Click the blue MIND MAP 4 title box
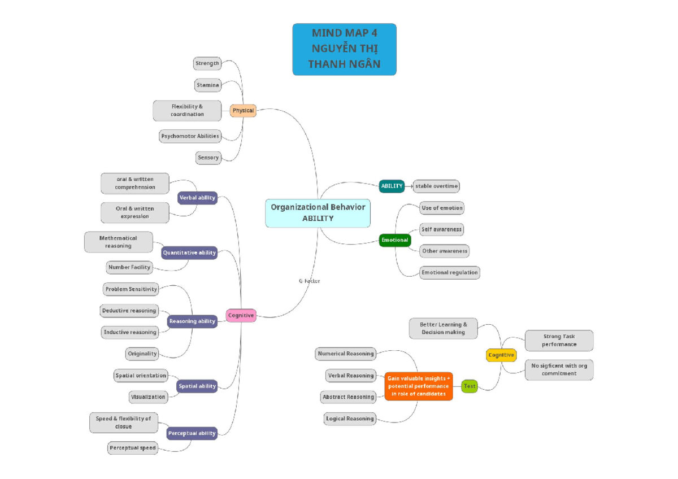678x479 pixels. (344, 49)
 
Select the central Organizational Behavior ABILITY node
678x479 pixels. (318, 212)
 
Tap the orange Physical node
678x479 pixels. (243, 111)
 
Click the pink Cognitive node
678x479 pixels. (241, 316)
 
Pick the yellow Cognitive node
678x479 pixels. (501, 355)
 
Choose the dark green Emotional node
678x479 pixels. (394, 240)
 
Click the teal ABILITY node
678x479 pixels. (392, 186)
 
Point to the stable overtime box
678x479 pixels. (436, 186)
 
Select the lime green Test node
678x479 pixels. (469, 386)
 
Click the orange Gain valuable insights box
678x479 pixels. (419, 386)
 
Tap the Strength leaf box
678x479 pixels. (207, 63)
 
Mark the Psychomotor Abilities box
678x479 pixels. (190, 136)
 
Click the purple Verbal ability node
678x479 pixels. (197, 198)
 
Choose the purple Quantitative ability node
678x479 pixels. (189, 253)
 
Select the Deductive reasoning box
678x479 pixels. (129, 311)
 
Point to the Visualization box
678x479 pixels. (148, 397)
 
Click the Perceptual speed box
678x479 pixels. (133, 448)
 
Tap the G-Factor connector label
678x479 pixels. (309, 281)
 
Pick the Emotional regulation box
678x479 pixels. (450, 272)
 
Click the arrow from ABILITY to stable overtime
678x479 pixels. (409, 186)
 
